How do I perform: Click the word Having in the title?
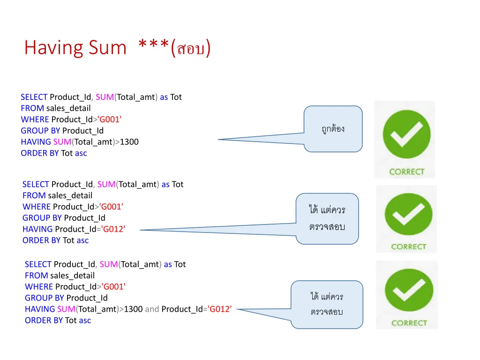pos(53,48)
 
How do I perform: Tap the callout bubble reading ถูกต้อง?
pos(333,129)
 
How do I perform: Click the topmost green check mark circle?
pos(406,134)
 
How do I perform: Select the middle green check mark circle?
pos(408,214)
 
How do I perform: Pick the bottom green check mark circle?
pos(409,290)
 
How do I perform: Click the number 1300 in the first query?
pos(129,142)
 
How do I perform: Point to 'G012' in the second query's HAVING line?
pos(113,229)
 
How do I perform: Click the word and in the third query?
pos(152,309)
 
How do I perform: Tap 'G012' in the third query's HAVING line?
pos(220,309)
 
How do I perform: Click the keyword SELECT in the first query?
pos(34,97)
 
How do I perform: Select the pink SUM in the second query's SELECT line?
pos(106,184)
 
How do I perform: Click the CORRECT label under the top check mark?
pos(407,172)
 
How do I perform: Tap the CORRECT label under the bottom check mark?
pos(409,323)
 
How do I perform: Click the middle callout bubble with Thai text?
pos(327,218)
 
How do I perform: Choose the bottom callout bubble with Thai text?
pos(327,305)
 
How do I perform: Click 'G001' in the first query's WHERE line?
pos(109,120)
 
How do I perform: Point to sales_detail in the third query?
pos(73,276)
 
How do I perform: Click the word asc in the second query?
pos(82,240)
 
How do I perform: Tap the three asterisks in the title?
pos(153,44)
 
